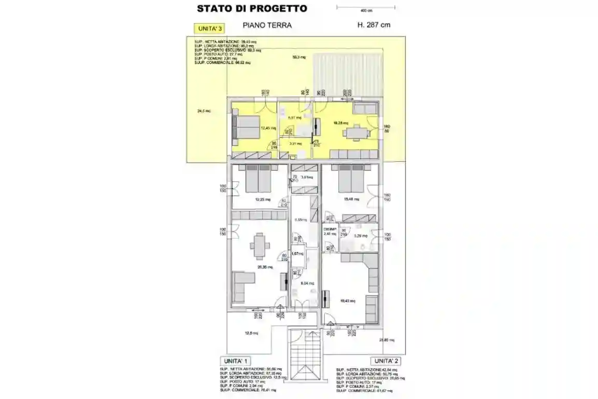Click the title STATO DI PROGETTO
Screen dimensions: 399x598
tap(252, 8)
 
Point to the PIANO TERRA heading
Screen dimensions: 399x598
tap(267, 25)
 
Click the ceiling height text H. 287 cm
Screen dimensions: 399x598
tap(374, 25)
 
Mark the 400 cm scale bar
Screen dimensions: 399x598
tap(366, 7)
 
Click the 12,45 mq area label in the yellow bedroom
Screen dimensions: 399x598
tap(267, 128)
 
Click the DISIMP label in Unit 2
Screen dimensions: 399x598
tap(330, 229)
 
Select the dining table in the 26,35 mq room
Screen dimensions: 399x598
tap(260, 242)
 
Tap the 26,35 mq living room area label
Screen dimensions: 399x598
tap(265, 267)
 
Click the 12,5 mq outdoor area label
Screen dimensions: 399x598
tap(251, 333)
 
